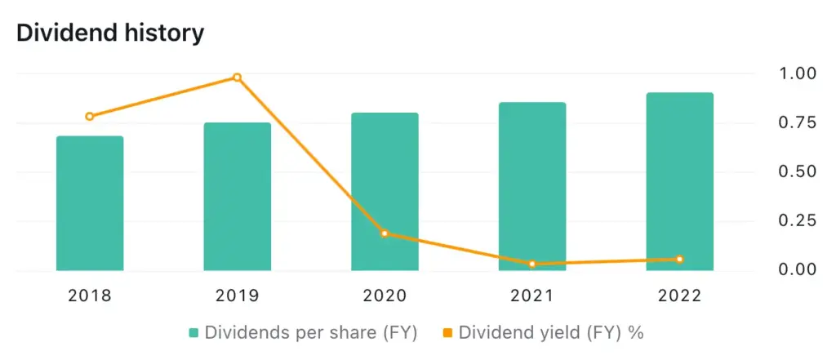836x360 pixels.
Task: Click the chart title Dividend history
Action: [x=110, y=33]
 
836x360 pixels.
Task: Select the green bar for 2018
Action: [x=90, y=204]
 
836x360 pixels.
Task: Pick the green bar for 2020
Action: [x=385, y=193]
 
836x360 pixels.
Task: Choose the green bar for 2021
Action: [x=532, y=187]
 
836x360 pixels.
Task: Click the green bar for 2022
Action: [x=679, y=182]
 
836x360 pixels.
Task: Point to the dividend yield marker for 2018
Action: [x=90, y=117]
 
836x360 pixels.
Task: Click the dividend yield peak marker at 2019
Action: [x=238, y=78]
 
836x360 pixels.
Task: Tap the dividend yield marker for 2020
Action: [x=385, y=233]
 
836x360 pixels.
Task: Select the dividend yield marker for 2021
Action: [x=532, y=264]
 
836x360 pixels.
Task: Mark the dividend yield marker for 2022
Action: [x=679, y=260]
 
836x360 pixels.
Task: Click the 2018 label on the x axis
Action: [x=90, y=296]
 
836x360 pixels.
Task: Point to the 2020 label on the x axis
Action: [x=385, y=296]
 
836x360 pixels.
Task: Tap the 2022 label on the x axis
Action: [x=679, y=296]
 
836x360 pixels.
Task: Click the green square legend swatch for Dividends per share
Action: [x=193, y=333]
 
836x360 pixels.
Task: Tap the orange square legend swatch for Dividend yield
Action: [x=448, y=333]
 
